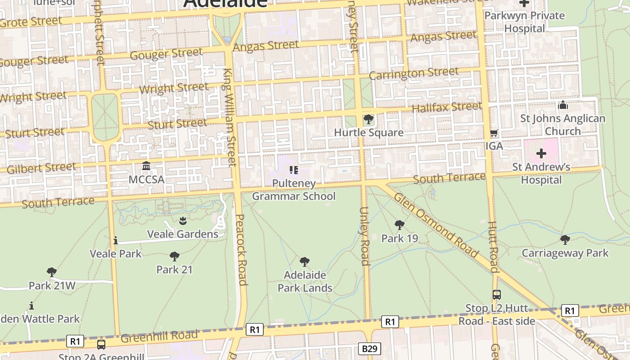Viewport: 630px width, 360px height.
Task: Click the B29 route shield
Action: pyautogui.click(x=371, y=348)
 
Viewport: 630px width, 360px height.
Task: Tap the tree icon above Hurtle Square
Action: pyautogui.click(x=369, y=119)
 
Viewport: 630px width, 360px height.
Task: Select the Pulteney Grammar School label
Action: pyautogui.click(x=293, y=190)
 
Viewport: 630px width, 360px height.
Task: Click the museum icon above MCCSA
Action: pyautogui.click(x=146, y=166)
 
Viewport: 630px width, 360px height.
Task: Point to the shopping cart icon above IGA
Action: pyautogui.click(x=494, y=133)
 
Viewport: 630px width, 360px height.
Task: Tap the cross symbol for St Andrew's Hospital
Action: pyautogui.click(x=541, y=153)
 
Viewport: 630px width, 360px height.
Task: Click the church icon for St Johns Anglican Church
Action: pyautogui.click(x=562, y=105)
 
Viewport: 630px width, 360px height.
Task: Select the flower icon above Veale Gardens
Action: pyautogui.click(x=183, y=220)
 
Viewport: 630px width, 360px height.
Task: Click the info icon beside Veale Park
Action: pyautogui.click(x=116, y=241)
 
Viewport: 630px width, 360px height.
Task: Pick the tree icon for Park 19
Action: pyautogui.click(x=399, y=225)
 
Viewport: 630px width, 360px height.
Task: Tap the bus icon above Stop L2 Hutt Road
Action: pyautogui.click(x=496, y=295)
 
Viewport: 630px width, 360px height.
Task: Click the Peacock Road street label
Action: pyautogui.click(x=241, y=250)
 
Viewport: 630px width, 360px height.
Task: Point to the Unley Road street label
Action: pyautogui.click(x=364, y=236)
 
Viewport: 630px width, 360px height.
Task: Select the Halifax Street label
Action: pyautogui.click(x=446, y=107)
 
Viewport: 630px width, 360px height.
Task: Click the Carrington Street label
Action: pyautogui.click(x=414, y=73)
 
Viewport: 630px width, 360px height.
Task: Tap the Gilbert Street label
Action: pyautogui.click(x=41, y=168)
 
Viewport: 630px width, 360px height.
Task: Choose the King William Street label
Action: pyautogui.click(x=230, y=117)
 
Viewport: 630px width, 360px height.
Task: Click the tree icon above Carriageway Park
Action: pyautogui.click(x=565, y=240)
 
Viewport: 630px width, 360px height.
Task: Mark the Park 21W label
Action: pyautogui.click(x=52, y=286)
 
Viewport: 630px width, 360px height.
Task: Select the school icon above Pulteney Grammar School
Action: pyautogui.click(x=293, y=170)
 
